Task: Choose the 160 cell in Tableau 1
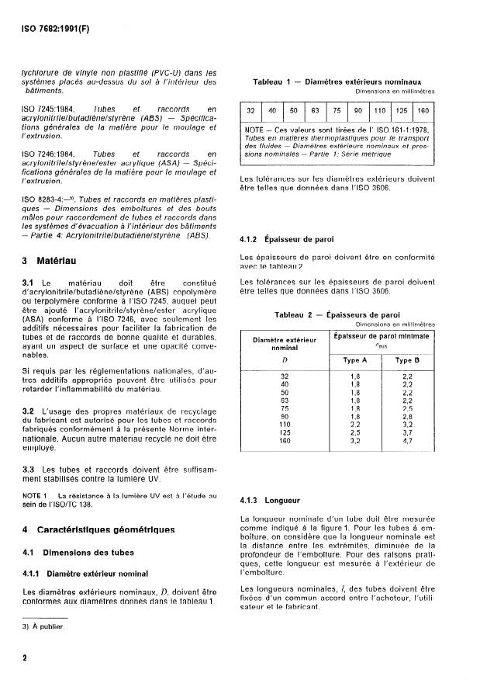(422, 110)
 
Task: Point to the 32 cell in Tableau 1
(251, 110)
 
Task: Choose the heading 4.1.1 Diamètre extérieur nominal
(85, 574)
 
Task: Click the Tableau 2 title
(337, 315)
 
